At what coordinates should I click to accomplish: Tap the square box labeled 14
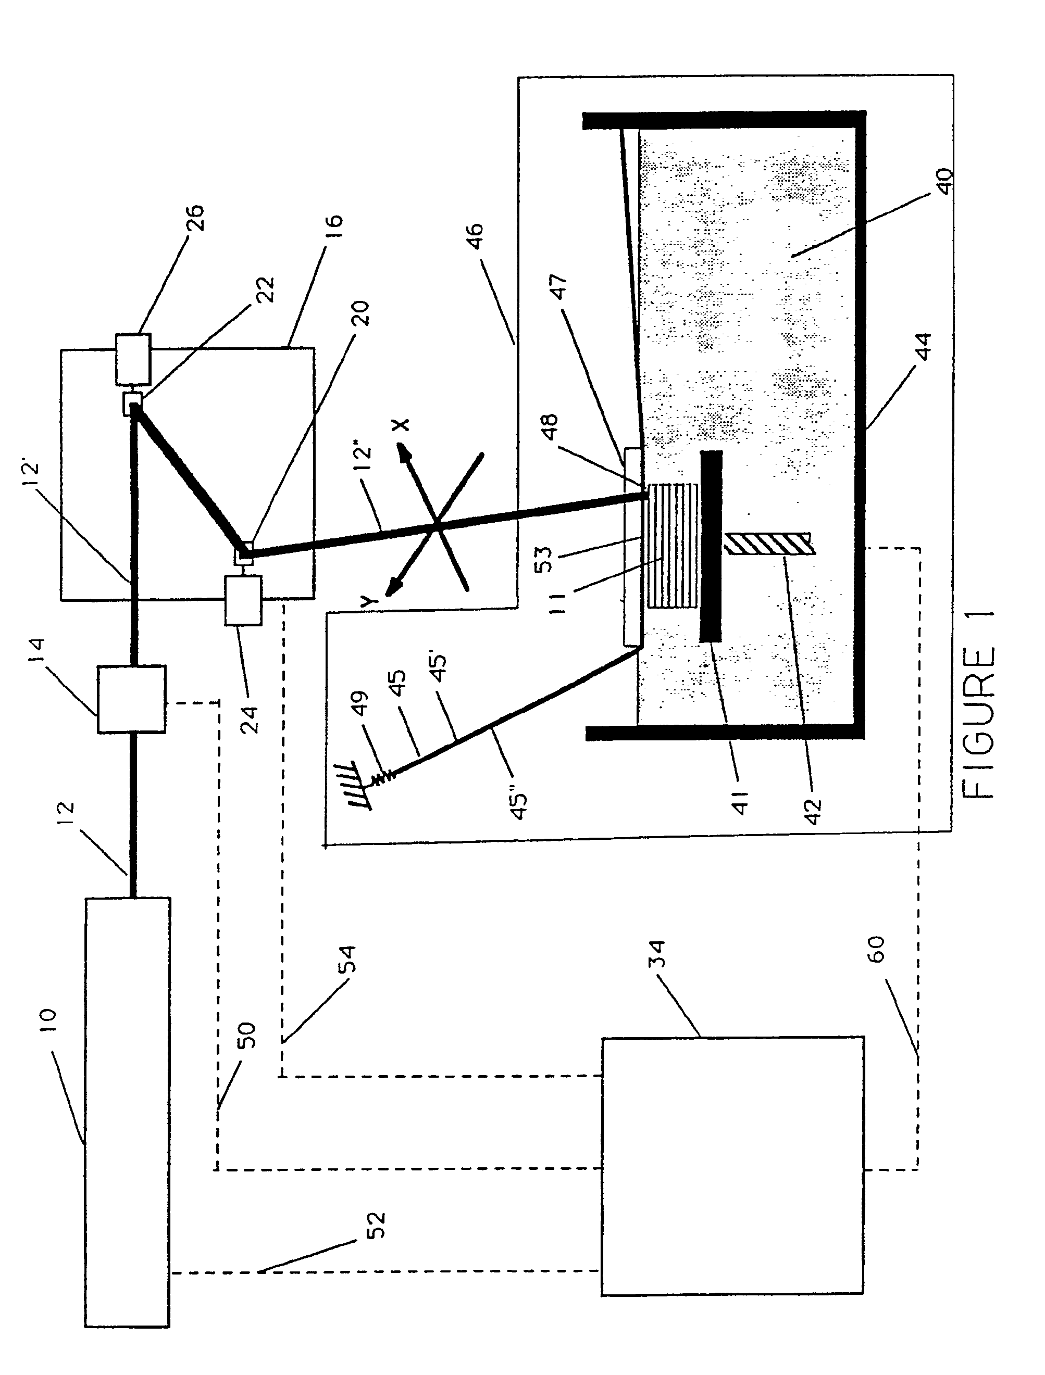131,699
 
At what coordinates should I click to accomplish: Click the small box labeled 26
133,359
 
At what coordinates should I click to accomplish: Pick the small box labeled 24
243,600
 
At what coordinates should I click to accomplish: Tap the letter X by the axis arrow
401,424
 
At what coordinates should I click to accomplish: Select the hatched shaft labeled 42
769,544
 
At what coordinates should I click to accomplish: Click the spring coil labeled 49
382,775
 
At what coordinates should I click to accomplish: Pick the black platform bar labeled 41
712,546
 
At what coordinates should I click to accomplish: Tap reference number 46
474,236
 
